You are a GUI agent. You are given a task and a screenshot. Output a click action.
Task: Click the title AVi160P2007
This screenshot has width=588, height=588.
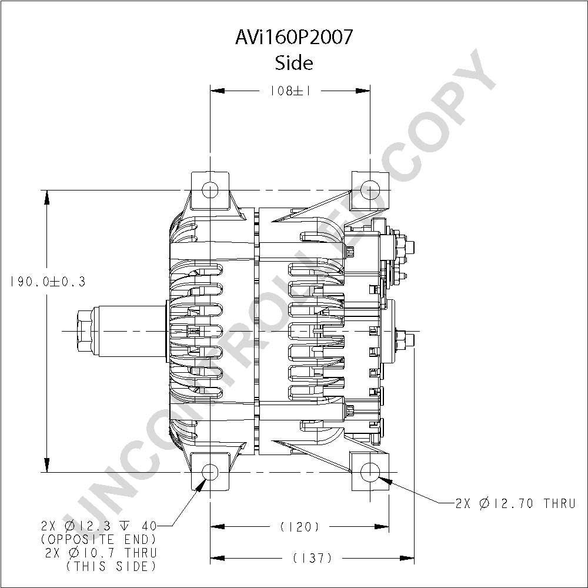(294, 37)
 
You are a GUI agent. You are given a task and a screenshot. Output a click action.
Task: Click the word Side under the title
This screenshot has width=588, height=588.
(294, 63)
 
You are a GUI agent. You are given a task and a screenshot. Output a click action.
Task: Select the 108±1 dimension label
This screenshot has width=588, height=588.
(290, 91)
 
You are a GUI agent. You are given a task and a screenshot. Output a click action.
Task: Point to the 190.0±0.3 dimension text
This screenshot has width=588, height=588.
(48, 281)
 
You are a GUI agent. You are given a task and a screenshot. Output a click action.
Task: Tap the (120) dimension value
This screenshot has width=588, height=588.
(300, 527)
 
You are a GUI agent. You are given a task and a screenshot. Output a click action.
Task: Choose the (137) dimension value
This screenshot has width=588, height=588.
(313, 559)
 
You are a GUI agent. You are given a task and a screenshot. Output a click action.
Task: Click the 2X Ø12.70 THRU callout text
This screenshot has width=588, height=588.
(515, 503)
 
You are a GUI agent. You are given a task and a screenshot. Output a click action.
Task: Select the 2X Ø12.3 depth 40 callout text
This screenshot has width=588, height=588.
(99, 526)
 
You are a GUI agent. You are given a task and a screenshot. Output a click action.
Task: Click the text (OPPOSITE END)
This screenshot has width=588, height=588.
(98, 539)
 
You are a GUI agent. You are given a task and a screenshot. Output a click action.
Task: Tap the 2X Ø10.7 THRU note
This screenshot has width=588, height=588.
(101, 553)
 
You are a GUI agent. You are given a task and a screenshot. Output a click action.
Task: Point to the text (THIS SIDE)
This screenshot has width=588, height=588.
(111, 566)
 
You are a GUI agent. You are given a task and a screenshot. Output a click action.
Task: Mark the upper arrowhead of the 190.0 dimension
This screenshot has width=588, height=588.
(47, 198)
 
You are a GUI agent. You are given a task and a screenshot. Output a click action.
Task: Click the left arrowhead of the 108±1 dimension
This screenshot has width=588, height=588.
(218, 91)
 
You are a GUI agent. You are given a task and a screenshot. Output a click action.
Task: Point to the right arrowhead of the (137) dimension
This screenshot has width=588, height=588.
(407, 559)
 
